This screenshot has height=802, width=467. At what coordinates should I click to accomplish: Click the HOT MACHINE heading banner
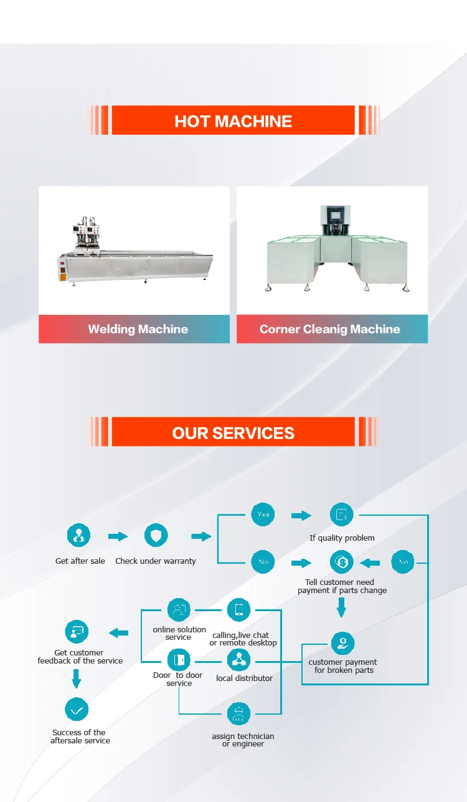[233, 120]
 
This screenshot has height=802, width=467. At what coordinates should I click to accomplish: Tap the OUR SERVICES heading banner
[233, 432]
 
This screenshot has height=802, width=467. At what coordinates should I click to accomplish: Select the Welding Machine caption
[138, 329]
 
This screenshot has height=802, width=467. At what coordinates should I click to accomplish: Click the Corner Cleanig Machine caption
[330, 329]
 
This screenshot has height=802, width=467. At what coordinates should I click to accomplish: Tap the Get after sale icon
[78, 536]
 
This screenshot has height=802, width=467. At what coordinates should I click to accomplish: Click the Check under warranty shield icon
[156, 536]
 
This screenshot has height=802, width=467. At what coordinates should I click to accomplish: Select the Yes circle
[263, 515]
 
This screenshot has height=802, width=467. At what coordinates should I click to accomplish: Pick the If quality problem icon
[341, 515]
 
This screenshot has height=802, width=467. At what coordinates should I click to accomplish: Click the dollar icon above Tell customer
[341, 563]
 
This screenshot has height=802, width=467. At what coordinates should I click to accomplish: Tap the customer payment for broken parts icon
[342, 642]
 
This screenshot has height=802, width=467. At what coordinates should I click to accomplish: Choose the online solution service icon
[179, 609]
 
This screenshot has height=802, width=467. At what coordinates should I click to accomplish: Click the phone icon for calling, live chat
[238, 609]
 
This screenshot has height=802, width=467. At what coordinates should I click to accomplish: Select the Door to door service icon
[179, 659]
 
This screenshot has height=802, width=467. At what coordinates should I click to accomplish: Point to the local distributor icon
[238, 659]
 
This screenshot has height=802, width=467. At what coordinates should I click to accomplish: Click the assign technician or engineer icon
[238, 713]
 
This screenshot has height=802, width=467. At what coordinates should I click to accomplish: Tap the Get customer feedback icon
[77, 632]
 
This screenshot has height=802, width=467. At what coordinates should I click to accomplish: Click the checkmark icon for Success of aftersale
[77, 710]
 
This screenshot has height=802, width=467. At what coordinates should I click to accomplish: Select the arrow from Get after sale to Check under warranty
[118, 536]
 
